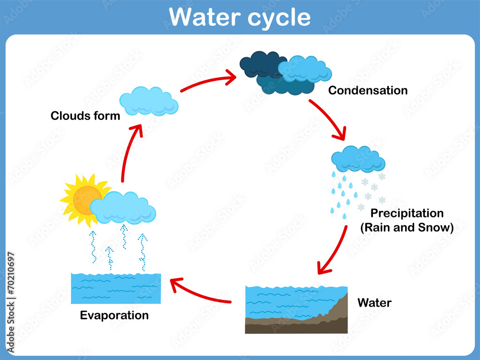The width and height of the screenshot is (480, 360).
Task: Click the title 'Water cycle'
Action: pos(240,17)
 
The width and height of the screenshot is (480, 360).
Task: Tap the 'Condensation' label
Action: pos(368,90)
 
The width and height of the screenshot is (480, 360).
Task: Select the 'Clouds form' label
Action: pos(85,116)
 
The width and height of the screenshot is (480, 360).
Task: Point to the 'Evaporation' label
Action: pos(114,315)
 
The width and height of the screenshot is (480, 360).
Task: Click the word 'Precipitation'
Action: pos(407,213)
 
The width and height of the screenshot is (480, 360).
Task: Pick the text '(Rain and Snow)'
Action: pos(407,228)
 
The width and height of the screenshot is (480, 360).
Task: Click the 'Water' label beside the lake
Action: pos(374,303)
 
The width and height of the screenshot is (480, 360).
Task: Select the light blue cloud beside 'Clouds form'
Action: pos(148,101)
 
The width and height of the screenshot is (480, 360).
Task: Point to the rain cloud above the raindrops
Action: pos(358,160)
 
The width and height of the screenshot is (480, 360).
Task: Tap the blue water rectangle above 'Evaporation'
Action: pos(116,288)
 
